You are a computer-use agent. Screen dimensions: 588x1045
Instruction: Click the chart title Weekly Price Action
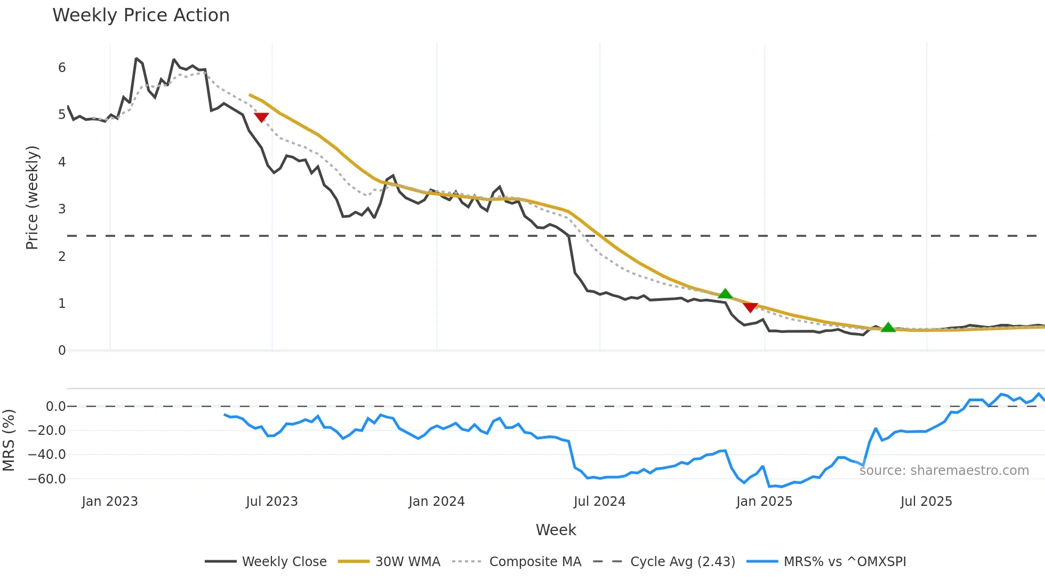click(x=141, y=15)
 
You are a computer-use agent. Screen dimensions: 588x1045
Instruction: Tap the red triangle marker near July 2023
click(x=261, y=117)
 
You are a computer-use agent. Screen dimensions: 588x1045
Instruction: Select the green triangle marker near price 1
click(x=725, y=294)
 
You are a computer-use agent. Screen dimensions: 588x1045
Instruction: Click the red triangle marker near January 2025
click(x=750, y=307)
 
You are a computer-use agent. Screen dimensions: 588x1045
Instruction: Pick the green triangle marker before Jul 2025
click(x=888, y=328)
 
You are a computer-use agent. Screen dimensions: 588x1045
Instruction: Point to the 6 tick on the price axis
click(x=62, y=68)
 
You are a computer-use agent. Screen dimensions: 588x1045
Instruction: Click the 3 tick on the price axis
click(x=62, y=209)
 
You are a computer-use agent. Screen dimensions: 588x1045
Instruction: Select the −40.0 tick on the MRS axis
click(x=47, y=455)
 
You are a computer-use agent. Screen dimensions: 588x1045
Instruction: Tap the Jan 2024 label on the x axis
click(x=437, y=502)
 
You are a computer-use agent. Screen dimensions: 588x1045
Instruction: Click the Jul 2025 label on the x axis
click(x=926, y=502)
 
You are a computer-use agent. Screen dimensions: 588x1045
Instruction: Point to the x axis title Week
click(x=556, y=530)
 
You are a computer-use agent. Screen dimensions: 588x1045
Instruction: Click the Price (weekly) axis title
click(x=32, y=197)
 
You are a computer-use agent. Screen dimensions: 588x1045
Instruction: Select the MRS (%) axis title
click(x=9, y=440)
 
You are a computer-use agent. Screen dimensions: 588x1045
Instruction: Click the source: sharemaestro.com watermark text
click(x=944, y=471)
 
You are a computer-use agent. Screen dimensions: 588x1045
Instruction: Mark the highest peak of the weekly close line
click(x=136, y=59)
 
